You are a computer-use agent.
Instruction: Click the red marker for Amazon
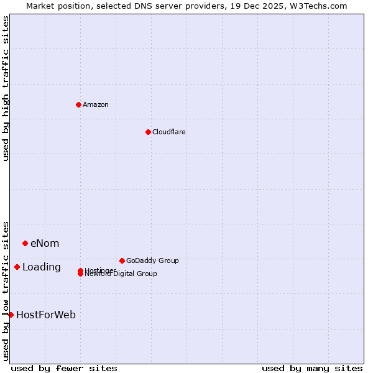pyautogui.click(x=78, y=104)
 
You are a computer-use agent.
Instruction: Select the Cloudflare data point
pyautogui.click(x=148, y=132)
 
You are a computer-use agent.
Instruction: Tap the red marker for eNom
pyautogui.click(x=25, y=243)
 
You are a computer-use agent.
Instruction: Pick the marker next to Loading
pyautogui.click(x=17, y=267)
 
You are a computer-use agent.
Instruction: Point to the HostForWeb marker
pyautogui.click(x=11, y=315)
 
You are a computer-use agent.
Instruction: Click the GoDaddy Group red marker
pyautogui.click(x=122, y=260)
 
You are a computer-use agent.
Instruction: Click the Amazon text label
pyautogui.click(x=95, y=104)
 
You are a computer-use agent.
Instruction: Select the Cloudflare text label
pyautogui.click(x=168, y=132)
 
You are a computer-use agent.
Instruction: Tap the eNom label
pyautogui.click(x=45, y=243)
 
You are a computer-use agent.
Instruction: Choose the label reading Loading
pyautogui.click(x=42, y=267)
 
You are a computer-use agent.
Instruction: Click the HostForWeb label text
pyautogui.click(x=46, y=315)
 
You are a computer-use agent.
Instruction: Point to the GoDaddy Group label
pyautogui.click(x=152, y=260)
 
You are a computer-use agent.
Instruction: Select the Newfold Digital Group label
pyautogui.click(x=121, y=274)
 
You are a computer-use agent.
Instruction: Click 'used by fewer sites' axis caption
pyautogui.click(x=64, y=368)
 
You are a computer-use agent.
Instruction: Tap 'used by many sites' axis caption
pyautogui.click(x=312, y=368)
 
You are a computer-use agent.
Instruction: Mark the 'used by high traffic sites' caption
pyautogui.click(x=6, y=88)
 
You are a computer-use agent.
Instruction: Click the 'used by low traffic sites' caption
pyautogui.click(x=6, y=290)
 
